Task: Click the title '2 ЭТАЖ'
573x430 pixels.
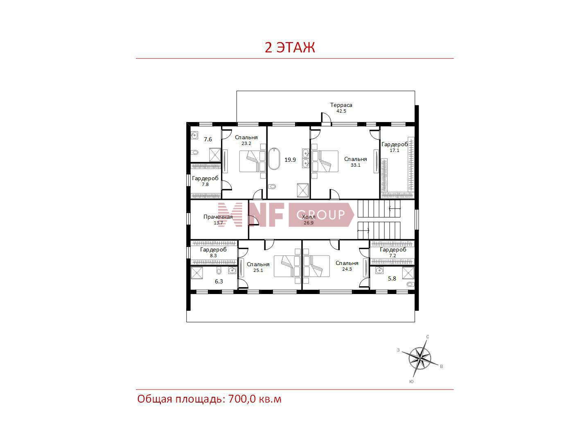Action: point(290,47)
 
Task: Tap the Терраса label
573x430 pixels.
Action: point(341,108)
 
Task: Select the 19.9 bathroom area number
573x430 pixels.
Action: point(290,160)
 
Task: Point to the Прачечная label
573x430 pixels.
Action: point(218,220)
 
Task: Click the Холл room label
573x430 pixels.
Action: point(309,220)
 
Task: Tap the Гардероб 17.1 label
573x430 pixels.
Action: point(395,147)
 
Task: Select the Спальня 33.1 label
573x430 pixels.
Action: point(355,162)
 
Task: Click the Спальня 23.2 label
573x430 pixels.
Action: point(246,140)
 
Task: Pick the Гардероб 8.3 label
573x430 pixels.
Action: point(213,252)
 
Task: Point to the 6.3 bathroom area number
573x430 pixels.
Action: point(219,281)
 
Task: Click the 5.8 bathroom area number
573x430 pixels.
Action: point(392,278)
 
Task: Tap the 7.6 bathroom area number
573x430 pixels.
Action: point(208,139)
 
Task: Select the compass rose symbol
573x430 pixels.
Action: point(420,358)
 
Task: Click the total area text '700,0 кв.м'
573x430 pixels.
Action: point(255,399)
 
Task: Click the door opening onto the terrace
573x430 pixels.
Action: point(326,118)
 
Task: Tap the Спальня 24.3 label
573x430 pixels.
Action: point(347,266)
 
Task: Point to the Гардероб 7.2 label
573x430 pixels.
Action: point(393,252)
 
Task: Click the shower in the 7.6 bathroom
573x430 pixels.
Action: point(215,155)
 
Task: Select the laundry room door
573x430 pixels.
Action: point(253,220)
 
